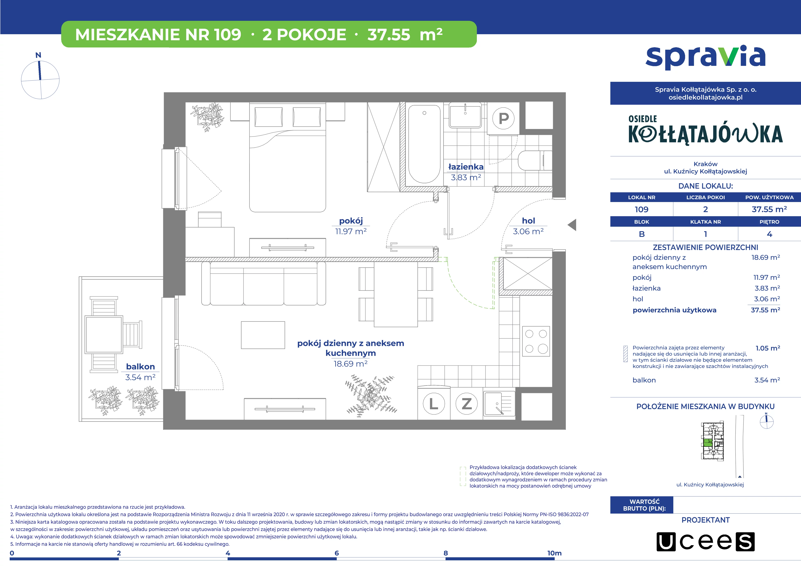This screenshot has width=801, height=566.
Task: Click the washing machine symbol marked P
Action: coord(503,119)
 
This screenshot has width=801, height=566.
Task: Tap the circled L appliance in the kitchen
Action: coord(434,404)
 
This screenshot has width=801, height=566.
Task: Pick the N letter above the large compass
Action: coord(38,55)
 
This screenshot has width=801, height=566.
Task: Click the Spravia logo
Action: coord(705,58)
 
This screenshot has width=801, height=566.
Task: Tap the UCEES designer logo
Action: coord(705,542)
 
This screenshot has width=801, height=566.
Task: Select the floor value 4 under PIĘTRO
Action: coord(769,234)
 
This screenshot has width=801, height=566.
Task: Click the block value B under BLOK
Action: coord(642,234)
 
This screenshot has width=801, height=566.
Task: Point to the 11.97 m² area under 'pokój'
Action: coord(351,231)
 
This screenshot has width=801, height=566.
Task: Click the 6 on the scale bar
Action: coord(337,553)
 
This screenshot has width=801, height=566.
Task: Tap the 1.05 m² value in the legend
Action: coord(768,348)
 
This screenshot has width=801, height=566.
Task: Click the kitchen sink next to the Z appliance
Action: coord(499,404)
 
